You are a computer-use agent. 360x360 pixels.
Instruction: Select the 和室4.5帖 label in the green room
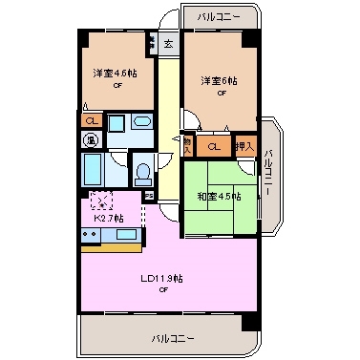tap(219, 197)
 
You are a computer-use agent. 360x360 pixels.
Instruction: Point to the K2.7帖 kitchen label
tap(107, 219)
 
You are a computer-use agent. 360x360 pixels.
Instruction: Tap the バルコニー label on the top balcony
tap(219, 16)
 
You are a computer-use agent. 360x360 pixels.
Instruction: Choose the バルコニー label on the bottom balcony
tap(173, 338)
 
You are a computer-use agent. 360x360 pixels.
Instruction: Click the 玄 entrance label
tap(167, 43)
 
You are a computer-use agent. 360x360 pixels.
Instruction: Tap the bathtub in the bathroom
tap(94, 172)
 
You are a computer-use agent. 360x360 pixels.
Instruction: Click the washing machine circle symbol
tap(91, 140)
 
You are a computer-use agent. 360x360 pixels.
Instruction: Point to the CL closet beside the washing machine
tap(91, 120)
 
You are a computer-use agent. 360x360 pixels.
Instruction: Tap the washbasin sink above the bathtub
tap(116, 125)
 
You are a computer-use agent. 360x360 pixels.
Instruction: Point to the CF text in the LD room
tap(163, 289)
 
